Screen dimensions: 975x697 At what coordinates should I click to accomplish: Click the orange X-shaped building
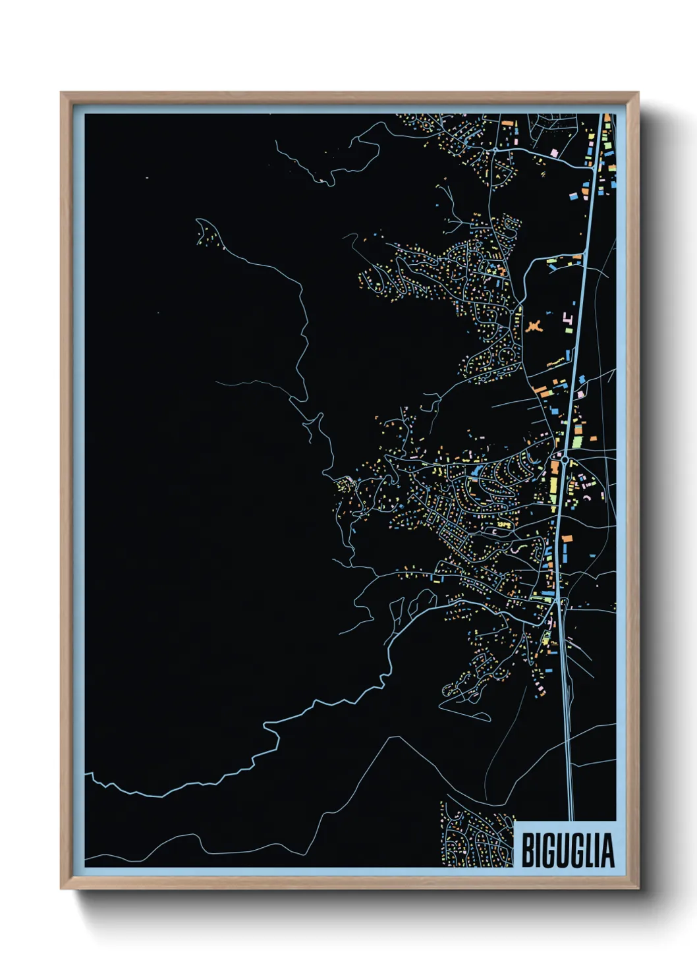[x=534, y=325]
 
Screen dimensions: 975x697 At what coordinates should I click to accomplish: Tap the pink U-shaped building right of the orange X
[x=567, y=321]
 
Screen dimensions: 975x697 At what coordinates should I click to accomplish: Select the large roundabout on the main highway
[x=565, y=457]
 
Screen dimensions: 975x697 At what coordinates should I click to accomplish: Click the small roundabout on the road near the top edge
[x=495, y=151]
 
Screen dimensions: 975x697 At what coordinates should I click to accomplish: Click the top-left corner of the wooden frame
[x=61, y=93]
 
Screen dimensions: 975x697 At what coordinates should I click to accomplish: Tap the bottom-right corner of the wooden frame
[x=638, y=888]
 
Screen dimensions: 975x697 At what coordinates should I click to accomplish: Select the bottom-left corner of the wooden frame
[x=61, y=888]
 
